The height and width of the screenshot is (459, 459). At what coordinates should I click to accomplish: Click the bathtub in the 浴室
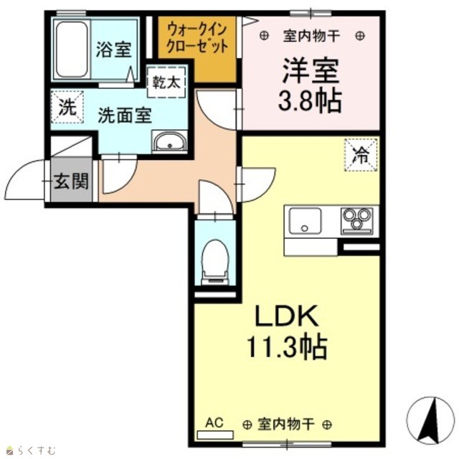(x=72, y=49)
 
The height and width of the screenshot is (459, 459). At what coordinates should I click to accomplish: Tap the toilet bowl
(x=215, y=261)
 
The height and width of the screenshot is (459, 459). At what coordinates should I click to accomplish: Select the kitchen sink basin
(x=305, y=221)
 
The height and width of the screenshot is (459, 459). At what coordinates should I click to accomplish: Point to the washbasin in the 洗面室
(x=170, y=142)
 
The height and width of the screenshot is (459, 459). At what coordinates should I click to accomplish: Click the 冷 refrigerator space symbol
(x=361, y=155)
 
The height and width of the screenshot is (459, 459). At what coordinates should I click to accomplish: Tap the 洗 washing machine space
(x=67, y=107)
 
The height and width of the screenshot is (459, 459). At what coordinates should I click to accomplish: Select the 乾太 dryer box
(x=166, y=82)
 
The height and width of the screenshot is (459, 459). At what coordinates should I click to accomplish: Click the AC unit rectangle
(x=215, y=435)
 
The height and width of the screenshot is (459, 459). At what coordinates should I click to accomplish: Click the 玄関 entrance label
(x=71, y=181)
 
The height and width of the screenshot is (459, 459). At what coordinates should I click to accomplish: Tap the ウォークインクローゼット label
(x=197, y=38)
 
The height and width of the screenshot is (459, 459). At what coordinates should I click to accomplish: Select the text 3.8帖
(x=311, y=100)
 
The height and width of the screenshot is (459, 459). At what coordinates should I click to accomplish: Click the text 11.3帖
(x=287, y=346)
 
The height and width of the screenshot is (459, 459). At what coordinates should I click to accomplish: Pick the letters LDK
(x=287, y=316)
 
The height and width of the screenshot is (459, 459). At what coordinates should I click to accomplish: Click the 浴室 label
(x=113, y=49)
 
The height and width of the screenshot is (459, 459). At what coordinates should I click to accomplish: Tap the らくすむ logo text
(x=37, y=450)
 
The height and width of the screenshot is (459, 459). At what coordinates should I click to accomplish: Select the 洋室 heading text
(x=311, y=70)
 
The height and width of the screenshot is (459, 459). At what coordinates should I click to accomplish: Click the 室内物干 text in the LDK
(x=286, y=424)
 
